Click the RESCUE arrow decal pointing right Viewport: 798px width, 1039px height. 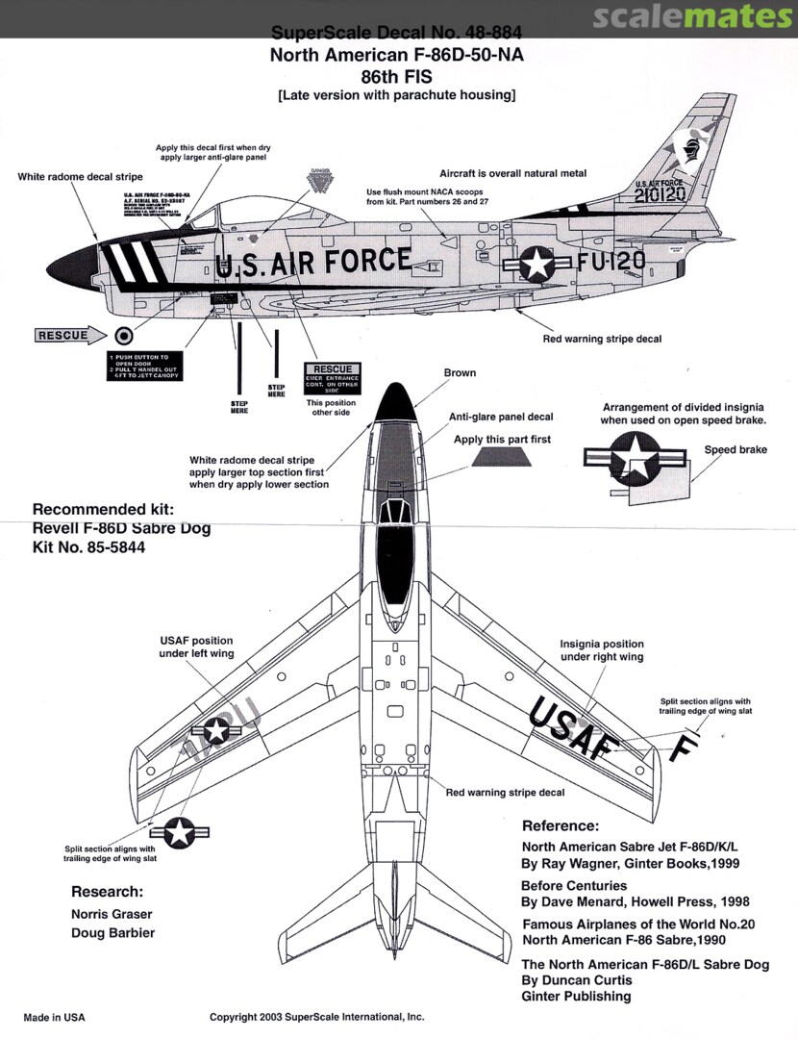tap(62, 336)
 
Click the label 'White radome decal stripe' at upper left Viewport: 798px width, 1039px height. tap(80, 177)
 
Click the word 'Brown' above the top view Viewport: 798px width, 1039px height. tap(460, 372)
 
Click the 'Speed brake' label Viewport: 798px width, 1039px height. tap(736, 449)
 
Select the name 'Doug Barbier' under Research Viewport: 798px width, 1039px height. tap(112, 932)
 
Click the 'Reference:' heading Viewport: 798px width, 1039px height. tap(560, 825)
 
